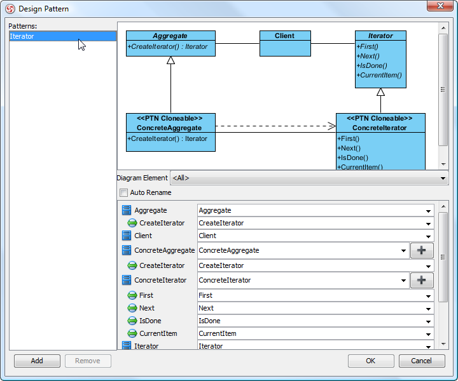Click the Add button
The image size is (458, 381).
pos(37,361)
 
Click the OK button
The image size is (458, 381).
pos(371,361)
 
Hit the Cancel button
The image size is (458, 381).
pos(422,361)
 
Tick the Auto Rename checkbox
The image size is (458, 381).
pos(124,192)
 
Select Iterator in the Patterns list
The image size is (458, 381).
pos(22,36)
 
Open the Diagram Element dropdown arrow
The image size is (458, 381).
pos(443,178)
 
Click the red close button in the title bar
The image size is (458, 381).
pos(440,6)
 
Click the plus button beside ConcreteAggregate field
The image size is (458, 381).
pos(422,250)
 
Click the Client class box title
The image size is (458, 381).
pos(285,36)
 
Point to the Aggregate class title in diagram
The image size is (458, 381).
pos(170,36)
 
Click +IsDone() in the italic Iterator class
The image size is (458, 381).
pos(371,65)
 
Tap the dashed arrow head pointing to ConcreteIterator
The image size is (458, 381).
pos(332,126)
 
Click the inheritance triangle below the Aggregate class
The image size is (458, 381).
pos(171,60)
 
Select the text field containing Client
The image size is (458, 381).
pos(316,236)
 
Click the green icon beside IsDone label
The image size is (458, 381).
pos(132,321)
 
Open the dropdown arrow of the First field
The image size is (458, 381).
pos(428,296)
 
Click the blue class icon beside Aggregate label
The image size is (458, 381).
pos(127,210)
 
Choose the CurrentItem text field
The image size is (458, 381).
pos(316,333)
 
